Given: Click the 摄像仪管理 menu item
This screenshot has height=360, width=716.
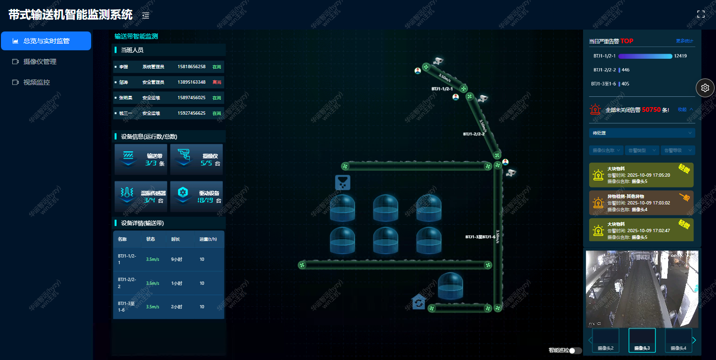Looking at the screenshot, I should pos(40,62).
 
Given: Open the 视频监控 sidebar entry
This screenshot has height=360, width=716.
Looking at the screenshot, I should pos(37,82).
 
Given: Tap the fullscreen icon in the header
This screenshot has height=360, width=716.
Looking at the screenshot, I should pos(700,14).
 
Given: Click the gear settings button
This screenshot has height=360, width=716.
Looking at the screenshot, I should pos(705,87).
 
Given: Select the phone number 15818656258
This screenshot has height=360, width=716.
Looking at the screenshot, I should pos(191,67).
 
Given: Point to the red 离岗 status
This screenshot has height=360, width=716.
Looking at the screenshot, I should pos(217,82).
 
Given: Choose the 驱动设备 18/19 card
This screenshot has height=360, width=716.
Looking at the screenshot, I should pos(196,196).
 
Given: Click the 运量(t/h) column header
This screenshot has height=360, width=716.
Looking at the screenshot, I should pos(208,239).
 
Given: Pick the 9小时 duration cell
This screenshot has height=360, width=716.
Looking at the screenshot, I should pos(177,259).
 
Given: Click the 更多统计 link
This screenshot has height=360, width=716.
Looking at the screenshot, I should pos(685,41).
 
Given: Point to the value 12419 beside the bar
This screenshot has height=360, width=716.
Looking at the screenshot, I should pos(680,56).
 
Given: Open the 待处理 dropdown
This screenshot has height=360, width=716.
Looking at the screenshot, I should pos(642,133).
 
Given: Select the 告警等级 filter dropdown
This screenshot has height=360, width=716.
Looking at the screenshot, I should pos(677,150).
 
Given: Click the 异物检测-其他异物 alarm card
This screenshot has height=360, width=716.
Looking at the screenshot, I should pos(641,203).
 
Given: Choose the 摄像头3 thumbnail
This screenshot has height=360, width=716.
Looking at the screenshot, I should pos(642,340).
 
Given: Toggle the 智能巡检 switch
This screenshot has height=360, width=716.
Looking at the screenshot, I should pos(575,351).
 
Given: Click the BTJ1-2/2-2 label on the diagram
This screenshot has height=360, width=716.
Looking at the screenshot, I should pos(474,134).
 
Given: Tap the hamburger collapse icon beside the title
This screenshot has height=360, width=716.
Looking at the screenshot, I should pos(146,16).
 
